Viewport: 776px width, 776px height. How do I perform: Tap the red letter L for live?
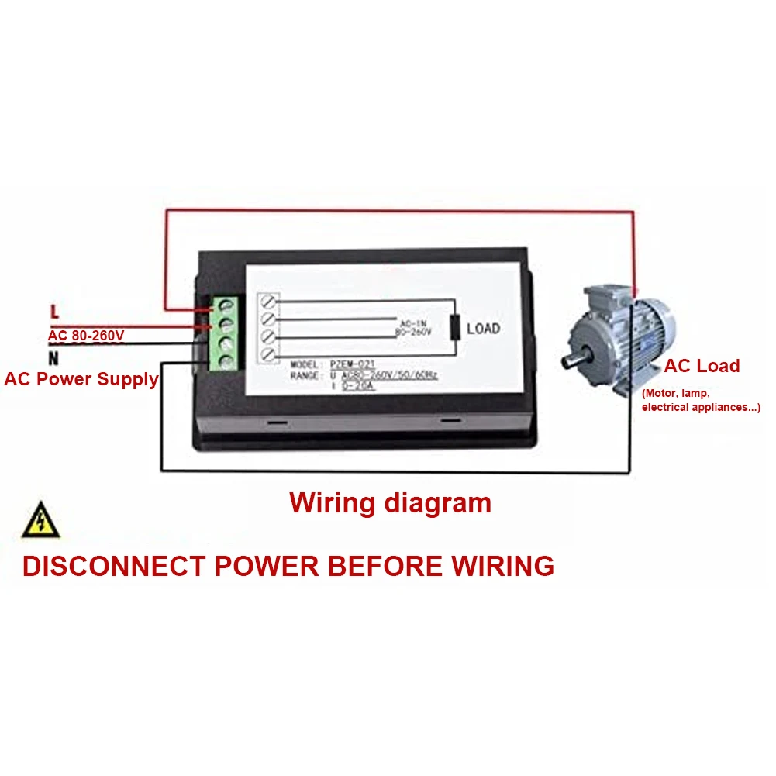54,312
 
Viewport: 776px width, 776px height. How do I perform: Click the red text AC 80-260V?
86,336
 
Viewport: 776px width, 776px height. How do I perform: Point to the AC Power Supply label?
81,379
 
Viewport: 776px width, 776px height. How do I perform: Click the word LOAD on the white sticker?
484,329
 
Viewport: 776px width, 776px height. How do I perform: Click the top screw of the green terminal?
228,306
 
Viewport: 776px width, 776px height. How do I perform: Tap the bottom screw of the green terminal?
228,360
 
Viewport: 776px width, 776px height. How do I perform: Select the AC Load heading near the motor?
702,366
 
